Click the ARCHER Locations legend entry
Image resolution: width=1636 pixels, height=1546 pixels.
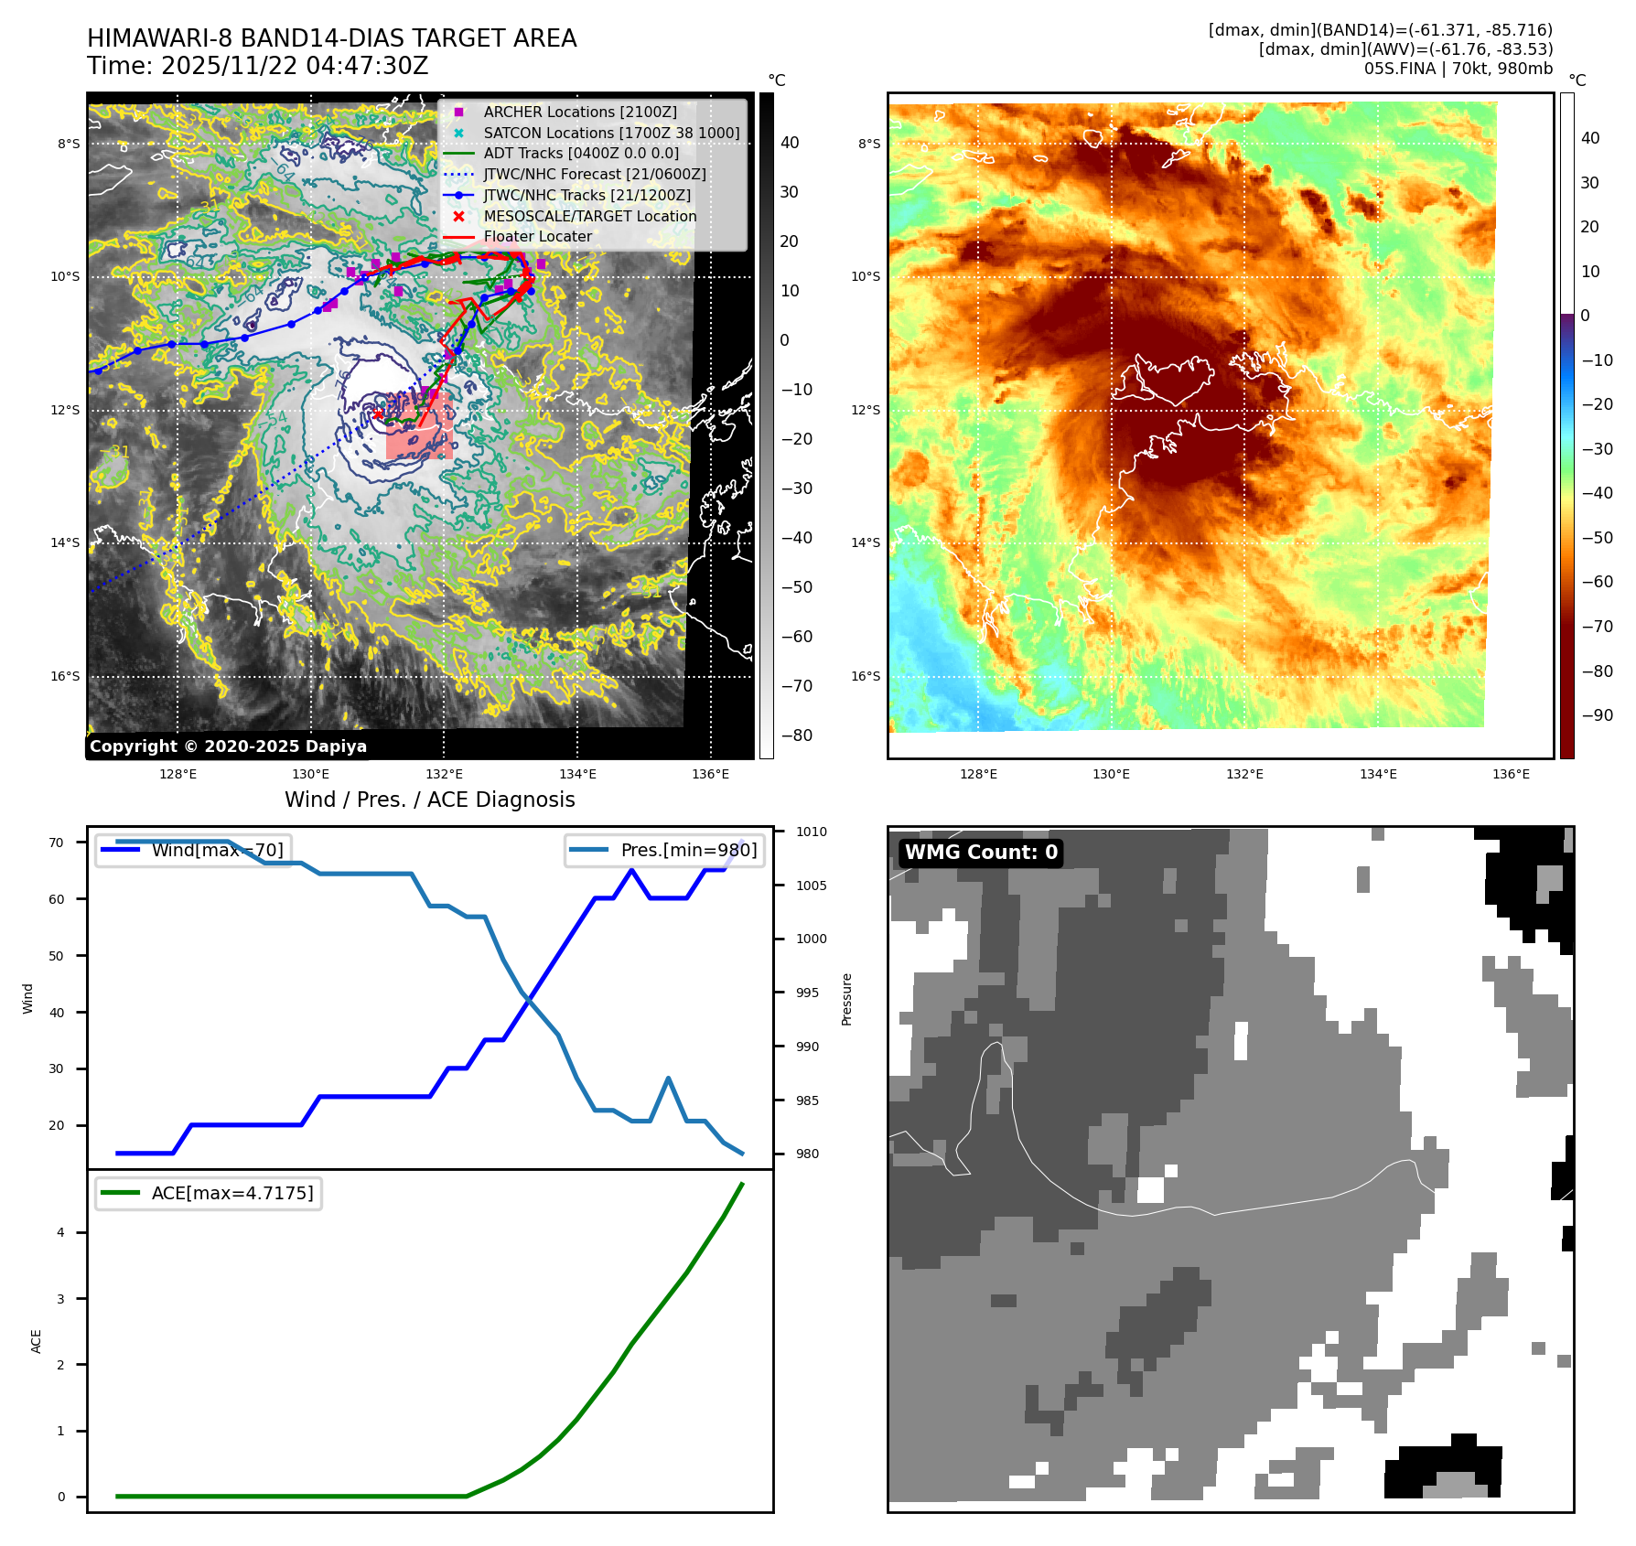580,112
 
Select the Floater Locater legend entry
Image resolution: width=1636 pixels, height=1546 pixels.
537,236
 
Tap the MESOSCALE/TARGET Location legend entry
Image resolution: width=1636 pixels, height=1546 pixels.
589,216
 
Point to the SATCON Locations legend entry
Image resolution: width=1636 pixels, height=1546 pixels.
611,133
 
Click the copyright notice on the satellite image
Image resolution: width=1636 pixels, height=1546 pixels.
228,746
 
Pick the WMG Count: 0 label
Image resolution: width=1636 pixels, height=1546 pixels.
981,853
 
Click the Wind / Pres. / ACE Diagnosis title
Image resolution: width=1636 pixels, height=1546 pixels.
429,800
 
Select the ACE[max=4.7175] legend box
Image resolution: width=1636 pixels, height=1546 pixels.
209,1193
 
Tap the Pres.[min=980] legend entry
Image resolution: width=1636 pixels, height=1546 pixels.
665,850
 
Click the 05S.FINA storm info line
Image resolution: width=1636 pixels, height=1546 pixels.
1458,69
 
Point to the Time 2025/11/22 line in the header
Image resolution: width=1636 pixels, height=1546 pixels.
258,66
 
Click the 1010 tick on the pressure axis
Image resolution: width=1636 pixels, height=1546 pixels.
811,832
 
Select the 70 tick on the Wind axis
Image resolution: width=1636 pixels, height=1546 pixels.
57,843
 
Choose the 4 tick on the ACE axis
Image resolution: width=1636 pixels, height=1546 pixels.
61,1232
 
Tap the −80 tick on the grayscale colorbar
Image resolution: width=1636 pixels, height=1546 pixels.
796,735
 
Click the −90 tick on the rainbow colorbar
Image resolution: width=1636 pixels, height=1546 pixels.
1597,715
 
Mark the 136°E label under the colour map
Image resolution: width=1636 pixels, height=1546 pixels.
1511,774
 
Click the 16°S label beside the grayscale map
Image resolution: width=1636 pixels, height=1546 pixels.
65,676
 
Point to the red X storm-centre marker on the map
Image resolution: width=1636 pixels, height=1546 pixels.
377,414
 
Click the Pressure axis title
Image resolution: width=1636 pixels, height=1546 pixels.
846,999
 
